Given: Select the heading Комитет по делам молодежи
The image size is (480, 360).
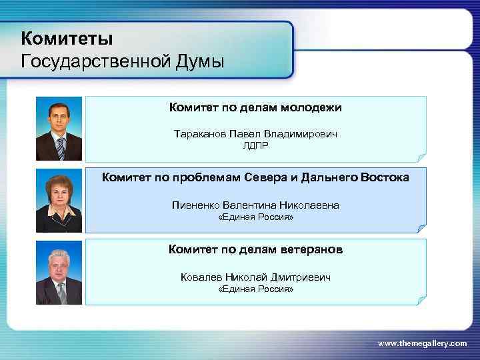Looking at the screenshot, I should (255, 107).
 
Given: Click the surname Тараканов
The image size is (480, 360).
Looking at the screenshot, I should (199, 134).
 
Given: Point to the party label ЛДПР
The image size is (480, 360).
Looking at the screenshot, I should (255, 145).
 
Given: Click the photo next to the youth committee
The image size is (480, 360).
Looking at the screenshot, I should (59, 129).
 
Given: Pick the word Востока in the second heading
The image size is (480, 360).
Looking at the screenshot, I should (385, 178).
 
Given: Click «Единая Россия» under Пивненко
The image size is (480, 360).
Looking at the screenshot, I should (255, 218).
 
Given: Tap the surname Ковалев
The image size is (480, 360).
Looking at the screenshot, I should (201, 277).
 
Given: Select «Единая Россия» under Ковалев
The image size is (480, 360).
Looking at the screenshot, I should (255, 289).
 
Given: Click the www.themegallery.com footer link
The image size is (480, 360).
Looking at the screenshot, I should (422, 343).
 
